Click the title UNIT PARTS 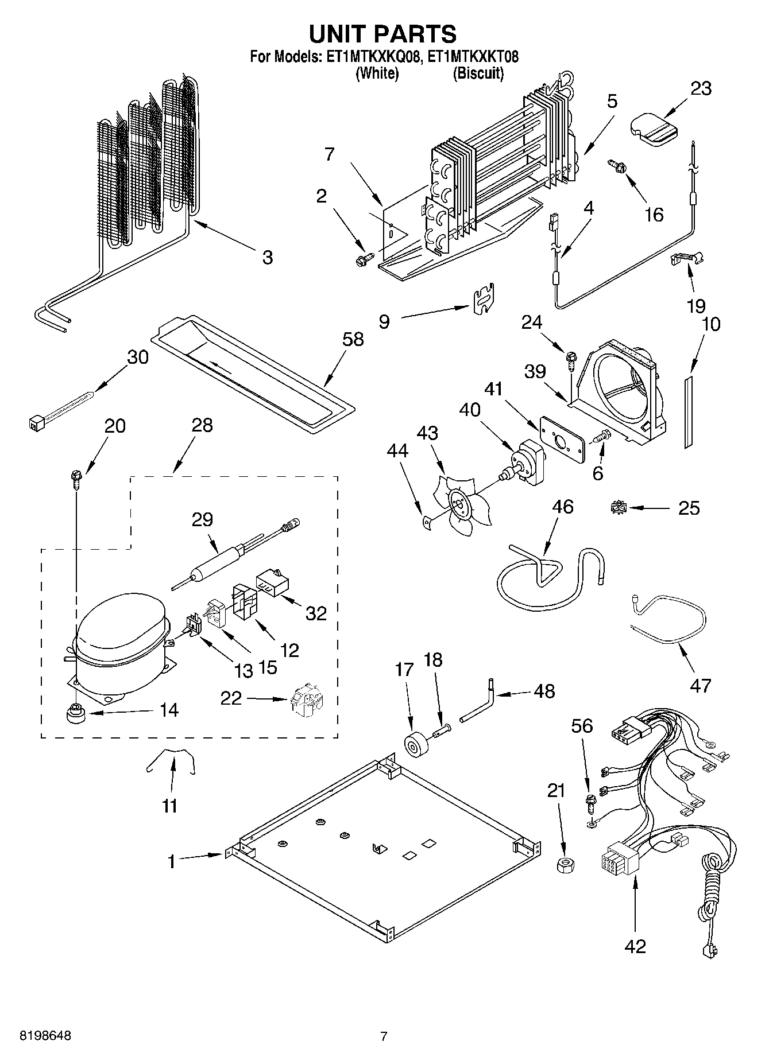pyautogui.click(x=383, y=34)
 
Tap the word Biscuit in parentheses pyautogui.click(x=478, y=73)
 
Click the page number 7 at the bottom pyautogui.click(x=384, y=1036)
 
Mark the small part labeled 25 pyautogui.click(x=619, y=507)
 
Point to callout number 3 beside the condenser pyautogui.click(x=268, y=257)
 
